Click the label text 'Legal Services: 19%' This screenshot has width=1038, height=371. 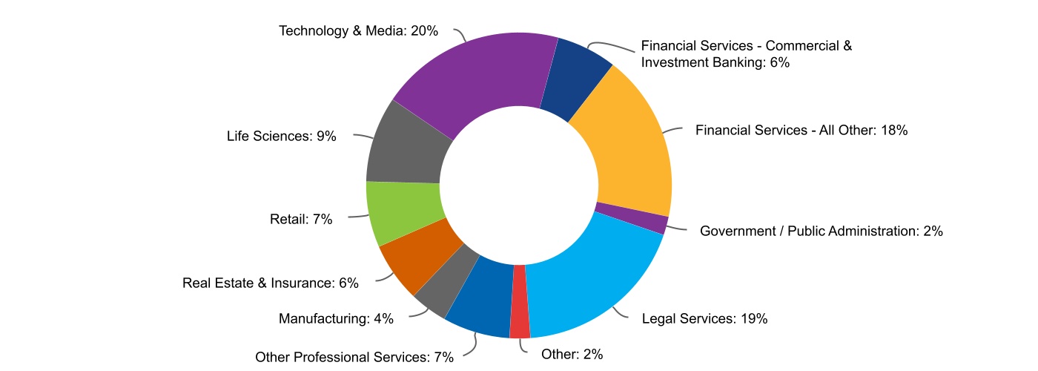[x=704, y=319]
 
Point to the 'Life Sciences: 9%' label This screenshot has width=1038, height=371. [x=282, y=137]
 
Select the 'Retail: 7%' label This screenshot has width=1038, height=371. [x=301, y=219]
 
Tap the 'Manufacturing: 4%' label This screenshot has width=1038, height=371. [x=336, y=319]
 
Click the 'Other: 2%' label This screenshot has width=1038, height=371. [x=572, y=354]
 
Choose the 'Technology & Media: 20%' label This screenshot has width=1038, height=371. [x=359, y=30]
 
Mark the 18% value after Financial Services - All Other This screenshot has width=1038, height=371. [x=894, y=131]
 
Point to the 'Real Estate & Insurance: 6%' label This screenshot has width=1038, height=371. [x=271, y=283]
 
